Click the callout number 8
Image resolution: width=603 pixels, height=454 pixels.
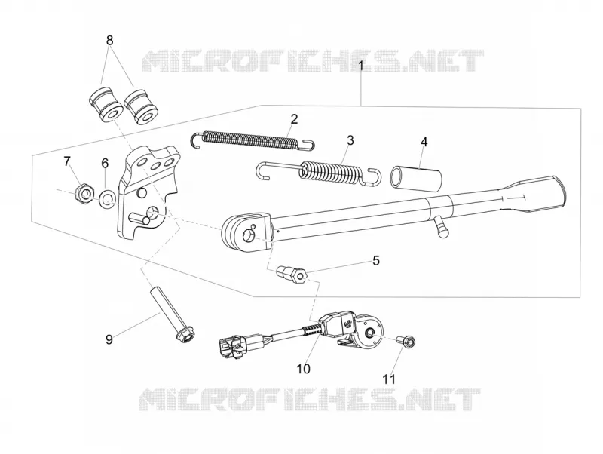coord(110,40)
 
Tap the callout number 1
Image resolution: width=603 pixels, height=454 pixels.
coord(361,66)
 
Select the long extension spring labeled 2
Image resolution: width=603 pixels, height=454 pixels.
coord(253,140)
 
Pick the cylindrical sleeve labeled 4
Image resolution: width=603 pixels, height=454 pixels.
coord(416,176)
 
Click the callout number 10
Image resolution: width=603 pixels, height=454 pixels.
coord(303,369)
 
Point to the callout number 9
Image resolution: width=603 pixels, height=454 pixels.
coord(109,339)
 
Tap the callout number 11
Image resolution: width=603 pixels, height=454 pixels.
coord(389,379)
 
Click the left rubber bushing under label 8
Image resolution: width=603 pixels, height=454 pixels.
coord(104,104)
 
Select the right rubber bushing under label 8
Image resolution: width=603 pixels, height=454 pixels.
coord(141,107)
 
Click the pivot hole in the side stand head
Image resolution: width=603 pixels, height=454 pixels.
coord(249,234)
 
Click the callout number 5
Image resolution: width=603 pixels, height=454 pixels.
coord(375,260)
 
